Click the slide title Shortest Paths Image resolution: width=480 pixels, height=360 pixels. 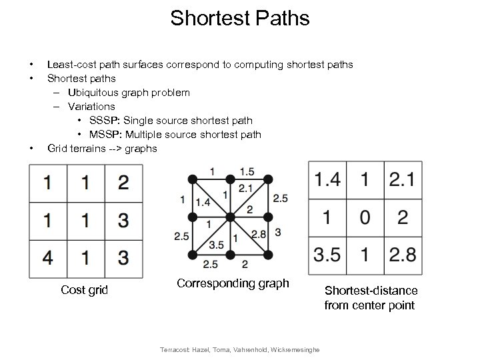click(x=240, y=18)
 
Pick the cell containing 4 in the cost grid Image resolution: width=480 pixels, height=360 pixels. click(x=47, y=257)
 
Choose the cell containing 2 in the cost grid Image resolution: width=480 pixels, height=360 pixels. click(x=123, y=182)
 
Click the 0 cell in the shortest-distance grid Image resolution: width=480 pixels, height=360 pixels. click(x=363, y=218)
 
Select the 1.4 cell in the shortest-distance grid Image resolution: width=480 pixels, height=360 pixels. click(x=326, y=180)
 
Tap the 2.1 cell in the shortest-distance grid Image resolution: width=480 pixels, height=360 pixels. click(x=401, y=180)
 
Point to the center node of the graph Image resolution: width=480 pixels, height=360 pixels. click(x=230, y=217)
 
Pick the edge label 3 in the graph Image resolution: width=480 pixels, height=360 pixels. click(x=278, y=231)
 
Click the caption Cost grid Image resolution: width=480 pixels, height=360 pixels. click(x=85, y=289)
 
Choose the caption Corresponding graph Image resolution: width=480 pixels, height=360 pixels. click(x=233, y=283)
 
